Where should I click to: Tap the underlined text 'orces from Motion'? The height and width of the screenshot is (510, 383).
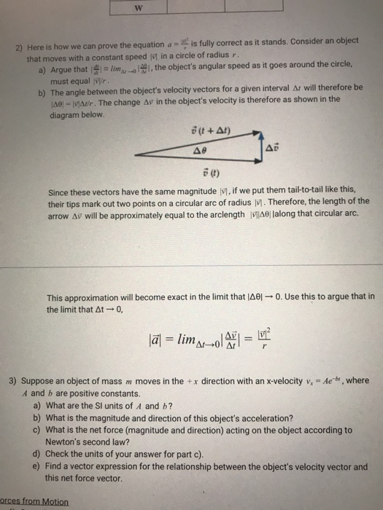tap(34, 502)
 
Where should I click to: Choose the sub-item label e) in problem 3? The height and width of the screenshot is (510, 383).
tap(37, 466)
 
